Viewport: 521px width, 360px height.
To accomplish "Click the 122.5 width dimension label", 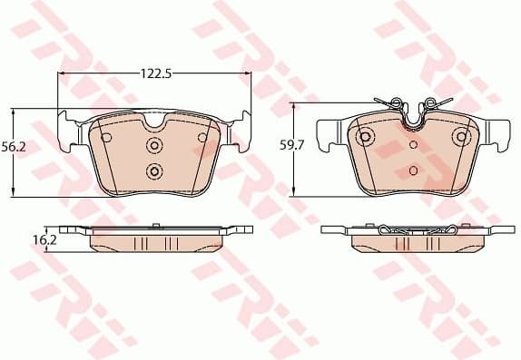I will point(154,66).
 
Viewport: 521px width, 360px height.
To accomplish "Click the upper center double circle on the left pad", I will point(153,146).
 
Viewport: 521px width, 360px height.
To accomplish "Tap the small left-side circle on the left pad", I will point(105,138).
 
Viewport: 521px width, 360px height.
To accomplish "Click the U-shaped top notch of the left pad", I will point(154,120).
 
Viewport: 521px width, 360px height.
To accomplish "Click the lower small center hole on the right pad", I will point(414,170).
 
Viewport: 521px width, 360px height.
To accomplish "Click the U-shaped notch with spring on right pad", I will point(415,114).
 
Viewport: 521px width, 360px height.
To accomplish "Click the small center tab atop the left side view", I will point(154,226).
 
